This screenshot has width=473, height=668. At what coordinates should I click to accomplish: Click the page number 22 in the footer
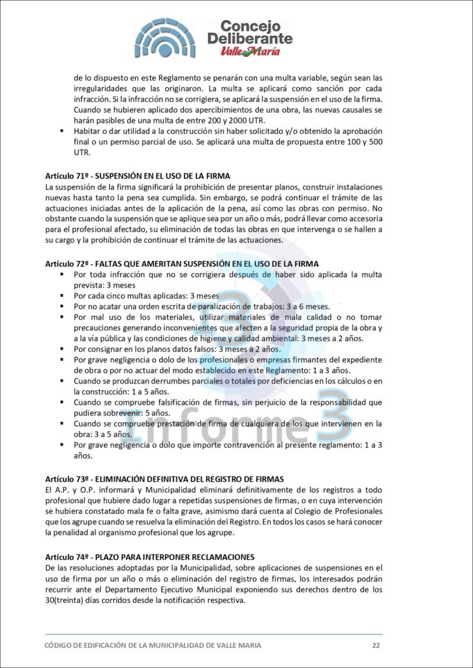[x=376, y=645]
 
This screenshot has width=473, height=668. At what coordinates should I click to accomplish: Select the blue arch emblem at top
[x=165, y=38]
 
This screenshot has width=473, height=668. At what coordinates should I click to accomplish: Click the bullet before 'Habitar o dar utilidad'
[x=59, y=131]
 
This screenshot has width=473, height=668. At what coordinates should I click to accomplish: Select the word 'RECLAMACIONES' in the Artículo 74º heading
[x=220, y=556]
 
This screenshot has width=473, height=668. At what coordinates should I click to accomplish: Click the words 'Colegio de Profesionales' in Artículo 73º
[x=337, y=511]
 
